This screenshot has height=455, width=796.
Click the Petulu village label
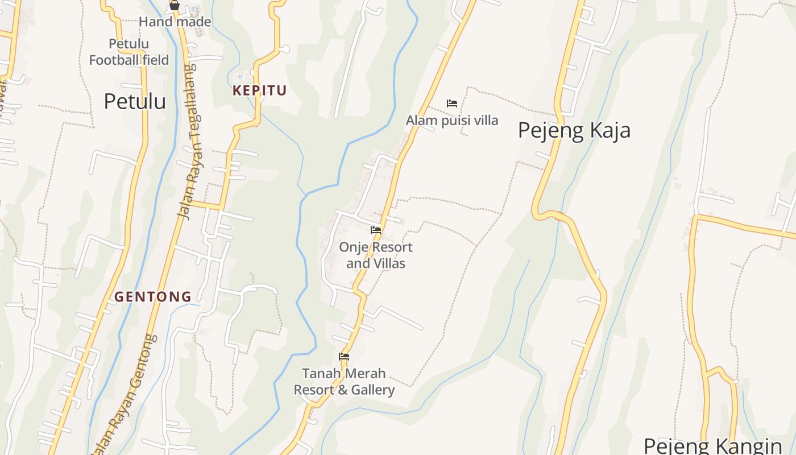pos(135,101)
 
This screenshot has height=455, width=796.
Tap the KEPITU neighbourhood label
pos(259,90)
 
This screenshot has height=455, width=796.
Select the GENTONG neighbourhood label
pos(153,296)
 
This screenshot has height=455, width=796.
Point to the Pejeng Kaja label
pos(574,130)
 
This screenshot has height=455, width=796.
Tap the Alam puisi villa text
pos(451,120)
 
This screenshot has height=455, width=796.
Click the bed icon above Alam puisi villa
pos(452,104)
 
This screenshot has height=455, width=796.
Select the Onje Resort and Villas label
pos(375,255)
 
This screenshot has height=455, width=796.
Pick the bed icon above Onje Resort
pos(376,230)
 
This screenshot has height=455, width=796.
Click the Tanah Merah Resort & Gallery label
pos(343,382)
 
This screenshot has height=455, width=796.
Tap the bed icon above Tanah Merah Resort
pos(344,357)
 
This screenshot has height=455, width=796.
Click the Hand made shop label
pos(175,22)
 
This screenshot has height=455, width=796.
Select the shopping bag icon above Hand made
pos(175,6)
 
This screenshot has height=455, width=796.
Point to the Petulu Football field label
pos(129,52)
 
